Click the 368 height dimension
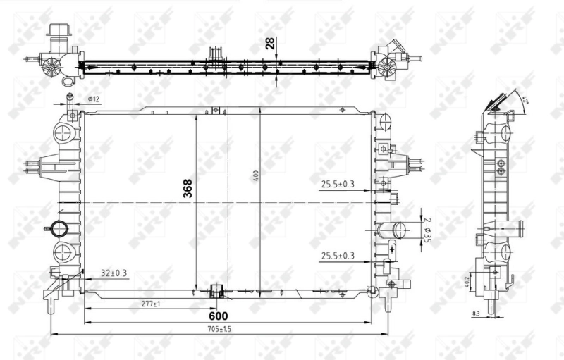coord(188,188)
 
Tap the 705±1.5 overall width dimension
coord(221,329)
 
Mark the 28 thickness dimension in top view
coord(270,44)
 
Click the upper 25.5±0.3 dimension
coord(338,185)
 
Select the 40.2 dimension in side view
coord(467,280)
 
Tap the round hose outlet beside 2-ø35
coord(400,230)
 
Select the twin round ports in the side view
coord(501,167)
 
